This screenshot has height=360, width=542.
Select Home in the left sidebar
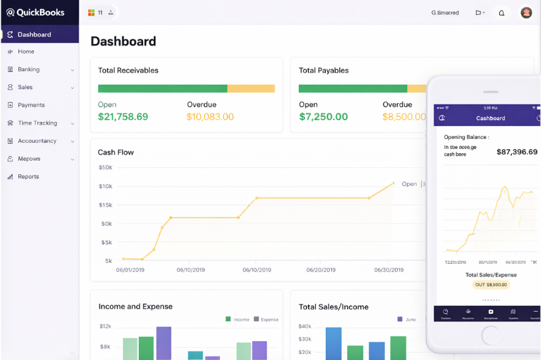(x=26, y=52)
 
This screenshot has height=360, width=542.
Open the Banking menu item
(x=28, y=69)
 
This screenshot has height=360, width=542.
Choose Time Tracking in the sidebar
(x=37, y=123)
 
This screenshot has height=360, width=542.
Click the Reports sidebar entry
(x=28, y=176)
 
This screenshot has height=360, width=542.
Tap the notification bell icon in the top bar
(x=501, y=13)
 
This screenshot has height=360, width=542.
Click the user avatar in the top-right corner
(x=526, y=12)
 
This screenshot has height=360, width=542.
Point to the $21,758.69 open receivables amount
(x=123, y=117)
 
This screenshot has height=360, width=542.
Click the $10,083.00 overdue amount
(x=210, y=117)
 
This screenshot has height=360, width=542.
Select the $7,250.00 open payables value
(x=323, y=117)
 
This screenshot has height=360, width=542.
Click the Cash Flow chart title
(x=116, y=152)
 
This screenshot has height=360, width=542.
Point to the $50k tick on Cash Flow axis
(x=105, y=167)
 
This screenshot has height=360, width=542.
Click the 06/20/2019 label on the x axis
(x=320, y=269)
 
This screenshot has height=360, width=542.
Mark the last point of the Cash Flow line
(x=393, y=182)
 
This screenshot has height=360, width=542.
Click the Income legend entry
(x=238, y=319)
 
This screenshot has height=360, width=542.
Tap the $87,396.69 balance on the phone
(x=516, y=152)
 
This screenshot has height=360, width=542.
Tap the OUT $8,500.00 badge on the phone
(x=491, y=285)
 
